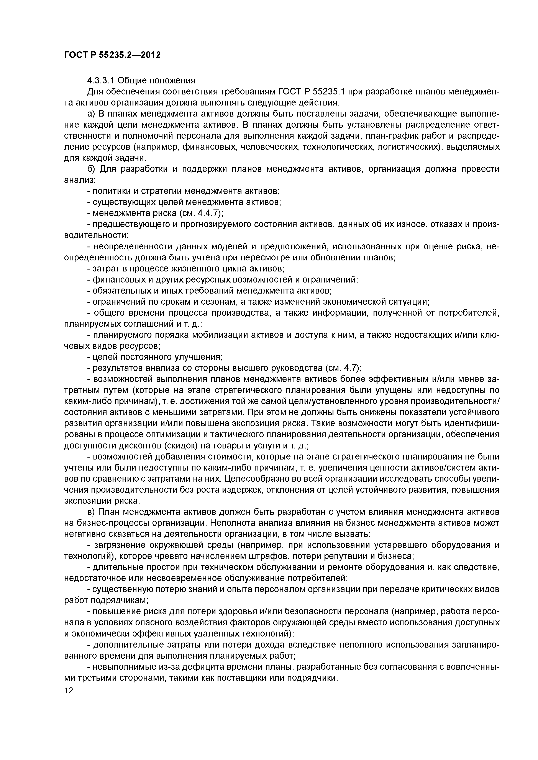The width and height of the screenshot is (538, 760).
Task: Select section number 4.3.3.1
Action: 101,80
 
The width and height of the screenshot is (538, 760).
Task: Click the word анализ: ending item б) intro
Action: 80,180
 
